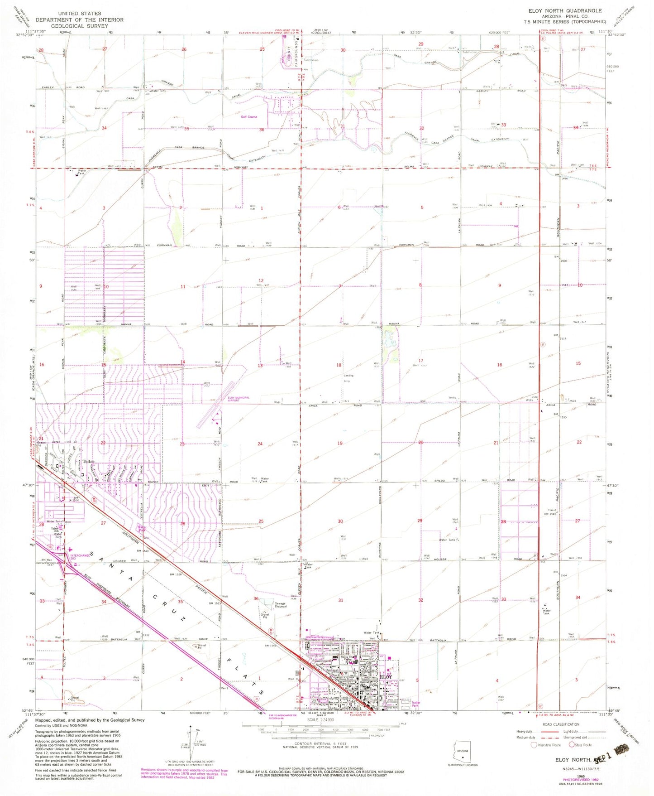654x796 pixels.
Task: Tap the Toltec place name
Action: click(89, 462)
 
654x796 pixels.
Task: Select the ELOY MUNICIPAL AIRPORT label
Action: click(239, 399)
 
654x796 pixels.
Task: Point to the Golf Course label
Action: click(249, 117)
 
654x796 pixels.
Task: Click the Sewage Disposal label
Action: click(280, 605)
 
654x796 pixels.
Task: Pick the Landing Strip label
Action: click(348, 378)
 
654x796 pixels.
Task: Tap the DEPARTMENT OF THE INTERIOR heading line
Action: click(80, 20)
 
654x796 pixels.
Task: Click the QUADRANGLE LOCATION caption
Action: click(462, 765)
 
